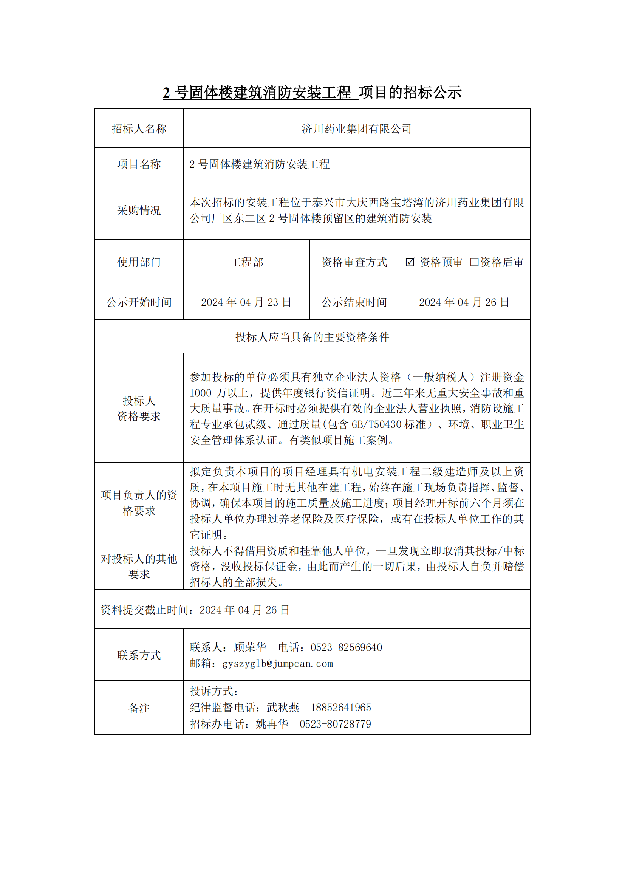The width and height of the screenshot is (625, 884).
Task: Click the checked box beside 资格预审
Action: [x=410, y=262]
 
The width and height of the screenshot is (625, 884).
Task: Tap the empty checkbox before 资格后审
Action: [x=474, y=262]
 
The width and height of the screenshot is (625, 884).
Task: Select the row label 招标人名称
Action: [x=139, y=128]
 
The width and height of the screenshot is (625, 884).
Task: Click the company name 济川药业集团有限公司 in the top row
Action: [x=356, y=128]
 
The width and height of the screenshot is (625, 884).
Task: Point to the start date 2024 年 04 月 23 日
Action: [x=246, y=302]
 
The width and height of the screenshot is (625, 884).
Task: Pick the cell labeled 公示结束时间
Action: [x=354, y=302]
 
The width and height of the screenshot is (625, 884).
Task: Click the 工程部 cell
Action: [x=247, y=262]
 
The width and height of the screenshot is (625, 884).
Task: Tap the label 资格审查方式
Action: [x=354, y=262]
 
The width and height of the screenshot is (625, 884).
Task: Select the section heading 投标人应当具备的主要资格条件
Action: [x=312, y=337]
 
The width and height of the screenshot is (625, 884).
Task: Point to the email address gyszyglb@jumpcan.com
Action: [x=277, y=664]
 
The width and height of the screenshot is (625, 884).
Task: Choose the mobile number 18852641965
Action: [x=340, y=708]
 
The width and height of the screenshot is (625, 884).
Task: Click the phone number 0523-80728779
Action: [x=335, y=724]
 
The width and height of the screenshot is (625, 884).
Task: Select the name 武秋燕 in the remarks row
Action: [x=283, y=708]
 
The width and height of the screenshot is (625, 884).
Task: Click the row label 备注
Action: [x=139, y=708]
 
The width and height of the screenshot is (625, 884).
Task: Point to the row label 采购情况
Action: [x=139, y=210]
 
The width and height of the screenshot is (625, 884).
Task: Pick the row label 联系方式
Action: [x=139, y=655]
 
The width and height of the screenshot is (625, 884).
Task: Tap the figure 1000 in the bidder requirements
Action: [x=201, y=393]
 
